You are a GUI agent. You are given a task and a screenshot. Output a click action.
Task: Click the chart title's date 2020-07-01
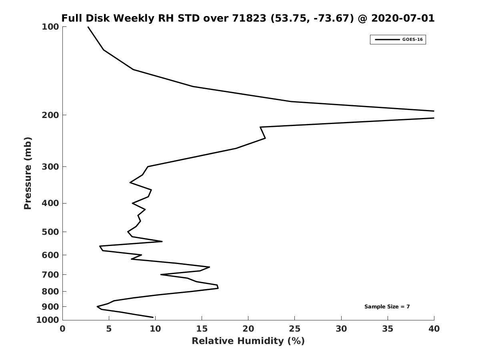403,18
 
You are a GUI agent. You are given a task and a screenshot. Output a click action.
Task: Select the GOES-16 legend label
412,40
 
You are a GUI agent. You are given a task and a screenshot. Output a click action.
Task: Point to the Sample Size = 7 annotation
387,307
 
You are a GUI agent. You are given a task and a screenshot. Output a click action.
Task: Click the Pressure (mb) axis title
27,173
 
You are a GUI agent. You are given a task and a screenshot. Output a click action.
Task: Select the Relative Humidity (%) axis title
248,341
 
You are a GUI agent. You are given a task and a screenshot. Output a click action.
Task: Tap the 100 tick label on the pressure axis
50,27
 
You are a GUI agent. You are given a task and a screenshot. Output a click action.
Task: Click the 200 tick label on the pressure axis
50,115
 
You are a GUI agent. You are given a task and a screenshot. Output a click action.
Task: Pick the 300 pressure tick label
50,167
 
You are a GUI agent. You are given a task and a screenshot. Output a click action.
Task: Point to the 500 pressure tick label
50,232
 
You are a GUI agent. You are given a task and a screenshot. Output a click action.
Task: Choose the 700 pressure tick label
50,275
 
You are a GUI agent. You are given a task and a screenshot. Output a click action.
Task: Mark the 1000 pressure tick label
48,320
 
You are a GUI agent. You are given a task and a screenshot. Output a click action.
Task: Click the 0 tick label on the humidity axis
63,329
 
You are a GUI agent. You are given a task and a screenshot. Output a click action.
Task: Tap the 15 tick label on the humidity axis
202,329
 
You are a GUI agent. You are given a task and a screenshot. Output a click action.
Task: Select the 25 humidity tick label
294,329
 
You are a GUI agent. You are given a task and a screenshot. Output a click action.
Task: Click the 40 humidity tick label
434,329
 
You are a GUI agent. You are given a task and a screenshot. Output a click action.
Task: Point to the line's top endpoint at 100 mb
88,27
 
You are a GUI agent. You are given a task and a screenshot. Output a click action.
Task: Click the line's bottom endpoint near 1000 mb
153,317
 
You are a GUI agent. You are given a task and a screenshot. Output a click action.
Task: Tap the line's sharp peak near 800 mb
218,288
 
